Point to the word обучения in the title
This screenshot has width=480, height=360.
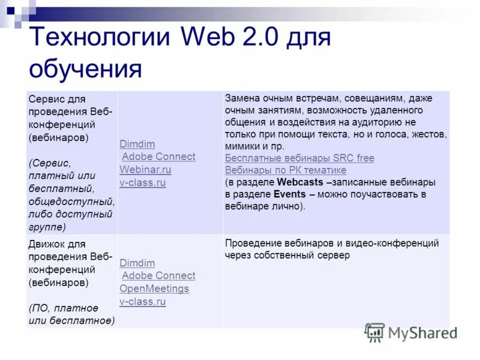(85, 69)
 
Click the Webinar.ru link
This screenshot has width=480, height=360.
(145, 170)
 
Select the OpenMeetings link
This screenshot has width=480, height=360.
(154, 289)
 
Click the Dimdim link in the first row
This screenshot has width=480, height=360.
(137, 144)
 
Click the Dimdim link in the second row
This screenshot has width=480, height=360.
(137, 263)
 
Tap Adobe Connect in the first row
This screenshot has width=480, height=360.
(158, 157)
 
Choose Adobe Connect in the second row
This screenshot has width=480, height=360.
(158, 275)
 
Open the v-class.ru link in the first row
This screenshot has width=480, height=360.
(142, 183)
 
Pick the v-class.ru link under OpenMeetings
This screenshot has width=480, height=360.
(142, 302)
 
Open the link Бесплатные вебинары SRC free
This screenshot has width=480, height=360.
(299, 158)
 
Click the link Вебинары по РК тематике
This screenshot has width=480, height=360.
(286, 170)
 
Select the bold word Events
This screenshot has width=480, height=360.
(289, 194)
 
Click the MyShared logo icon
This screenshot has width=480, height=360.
(374, 332)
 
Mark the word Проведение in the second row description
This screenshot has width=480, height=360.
(253, 243)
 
